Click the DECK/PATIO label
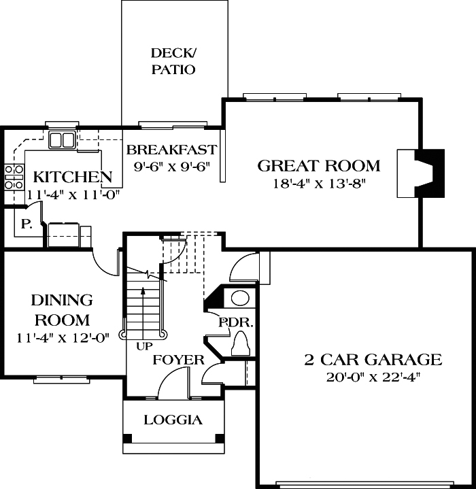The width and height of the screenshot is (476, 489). pyautogui.click(x=173, y=61)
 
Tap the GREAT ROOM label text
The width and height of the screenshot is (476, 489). pyautogui.click(x=318, y=165)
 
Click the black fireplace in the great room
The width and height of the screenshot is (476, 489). pyautogui.click(x=430, y=173)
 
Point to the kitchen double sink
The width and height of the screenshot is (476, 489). pyautogui.click(x=62, y=140)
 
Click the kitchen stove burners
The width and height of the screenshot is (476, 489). pyautogui.click(x=12, y=176)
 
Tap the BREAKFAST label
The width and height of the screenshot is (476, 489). pyautogui.click(x=171, y=150)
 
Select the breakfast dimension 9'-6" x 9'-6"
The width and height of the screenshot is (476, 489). pyautogui.click(x=171, y=165)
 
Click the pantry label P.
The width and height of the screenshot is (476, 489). pyautogui.click(x=27, y=224)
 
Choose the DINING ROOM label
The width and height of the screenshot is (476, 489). pyautogui.click(x=62, y=310)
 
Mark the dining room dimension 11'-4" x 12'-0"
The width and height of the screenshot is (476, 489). pyautogui.click(x=61, y=337)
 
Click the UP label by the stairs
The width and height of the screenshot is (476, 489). pyautogui.click(x=143, y=345)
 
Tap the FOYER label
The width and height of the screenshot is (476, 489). pyautogui.click(x=178, y=360)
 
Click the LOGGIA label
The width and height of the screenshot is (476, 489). pyautogui.click(x=173, y=420)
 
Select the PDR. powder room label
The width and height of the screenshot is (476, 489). pyautogui.click(x=235, y=322)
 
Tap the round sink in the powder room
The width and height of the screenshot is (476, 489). pyautogui.click(x=240, y=298)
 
